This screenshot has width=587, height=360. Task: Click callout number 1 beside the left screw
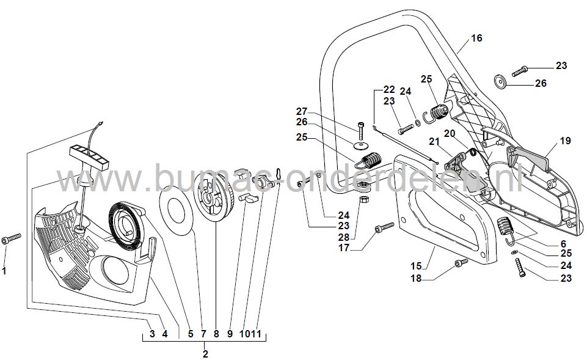point(5,270)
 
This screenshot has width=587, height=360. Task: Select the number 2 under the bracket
point(205,353)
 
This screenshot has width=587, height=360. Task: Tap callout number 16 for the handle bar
point(476,38)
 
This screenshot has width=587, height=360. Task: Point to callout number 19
point(565,141)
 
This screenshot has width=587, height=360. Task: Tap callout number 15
point(416,266)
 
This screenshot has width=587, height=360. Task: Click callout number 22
point(390,89)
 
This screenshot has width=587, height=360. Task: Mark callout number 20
point(449,133)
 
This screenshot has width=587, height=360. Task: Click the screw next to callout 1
point(12,239)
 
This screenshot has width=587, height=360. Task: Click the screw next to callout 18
point(461,263)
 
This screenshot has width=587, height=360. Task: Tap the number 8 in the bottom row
point(216,334)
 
